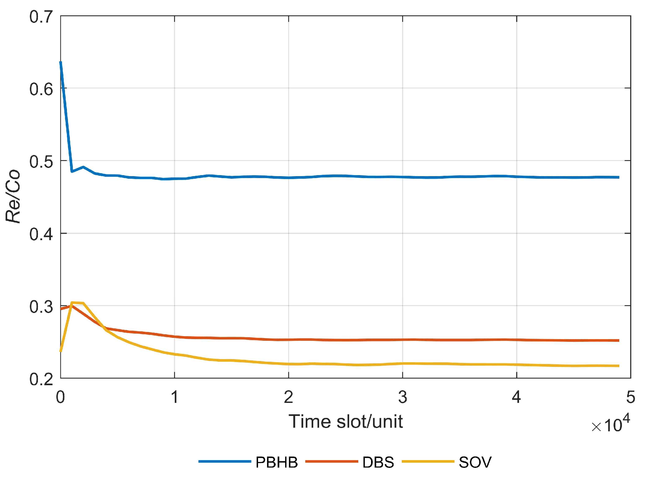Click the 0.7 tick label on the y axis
click(41, 17)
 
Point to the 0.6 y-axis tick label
click(41, 89)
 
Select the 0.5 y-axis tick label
click(41, 162)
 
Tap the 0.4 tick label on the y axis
click(41, 234)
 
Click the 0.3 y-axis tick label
click(41, 307)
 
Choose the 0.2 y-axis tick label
click(41, 379)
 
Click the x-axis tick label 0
click(60, 397)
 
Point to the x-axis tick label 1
click(175, 397)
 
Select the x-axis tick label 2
click(288, 397)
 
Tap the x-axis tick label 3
click(402, 397)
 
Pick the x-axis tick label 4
click(516, 397)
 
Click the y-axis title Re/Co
click(13, 196)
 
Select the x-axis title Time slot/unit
click(345, 421)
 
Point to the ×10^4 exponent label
click(610, 424)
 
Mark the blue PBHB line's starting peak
click(61, 62)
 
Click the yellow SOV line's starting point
click(61, 351)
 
